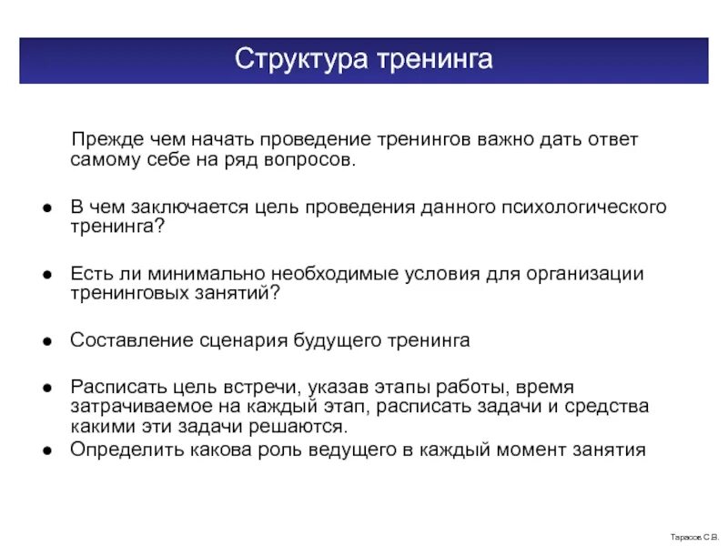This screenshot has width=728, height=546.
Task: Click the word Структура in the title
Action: (290, 60)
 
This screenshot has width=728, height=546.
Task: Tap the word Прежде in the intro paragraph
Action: (109, 140)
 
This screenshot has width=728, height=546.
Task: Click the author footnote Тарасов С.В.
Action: (694, 538)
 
